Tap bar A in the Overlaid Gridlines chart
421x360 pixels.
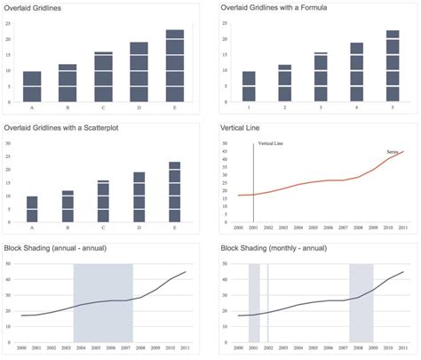pos(32,85)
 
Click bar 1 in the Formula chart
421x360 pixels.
pos(249,85)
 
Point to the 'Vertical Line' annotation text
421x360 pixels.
pos(270,143)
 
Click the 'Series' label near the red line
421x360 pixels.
pos(393,152)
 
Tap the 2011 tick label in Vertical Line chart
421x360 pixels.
pos(403,228)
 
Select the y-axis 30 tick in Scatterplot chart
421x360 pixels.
pos(8,143)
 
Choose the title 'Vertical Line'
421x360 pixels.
pos(241,130)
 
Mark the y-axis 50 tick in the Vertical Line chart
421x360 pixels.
pos(226,142)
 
